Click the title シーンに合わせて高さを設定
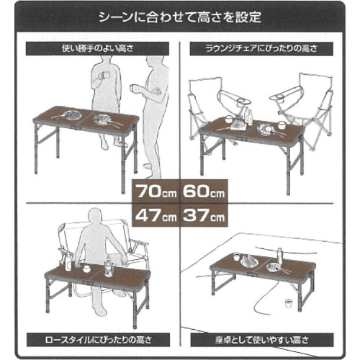point(180,17)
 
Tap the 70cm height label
point(156,192)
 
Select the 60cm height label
point(204,192)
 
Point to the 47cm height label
point(156,215)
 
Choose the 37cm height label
point(204,215)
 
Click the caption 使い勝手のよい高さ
point(97,49)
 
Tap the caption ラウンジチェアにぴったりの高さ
point(261,49)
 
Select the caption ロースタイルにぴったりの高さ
point(98,340)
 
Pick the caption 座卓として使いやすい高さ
point(262,340)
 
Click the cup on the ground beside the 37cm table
point(288,303)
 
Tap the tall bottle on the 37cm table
point(279,256)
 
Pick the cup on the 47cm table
point(86,269)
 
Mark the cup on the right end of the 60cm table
point(281,125)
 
